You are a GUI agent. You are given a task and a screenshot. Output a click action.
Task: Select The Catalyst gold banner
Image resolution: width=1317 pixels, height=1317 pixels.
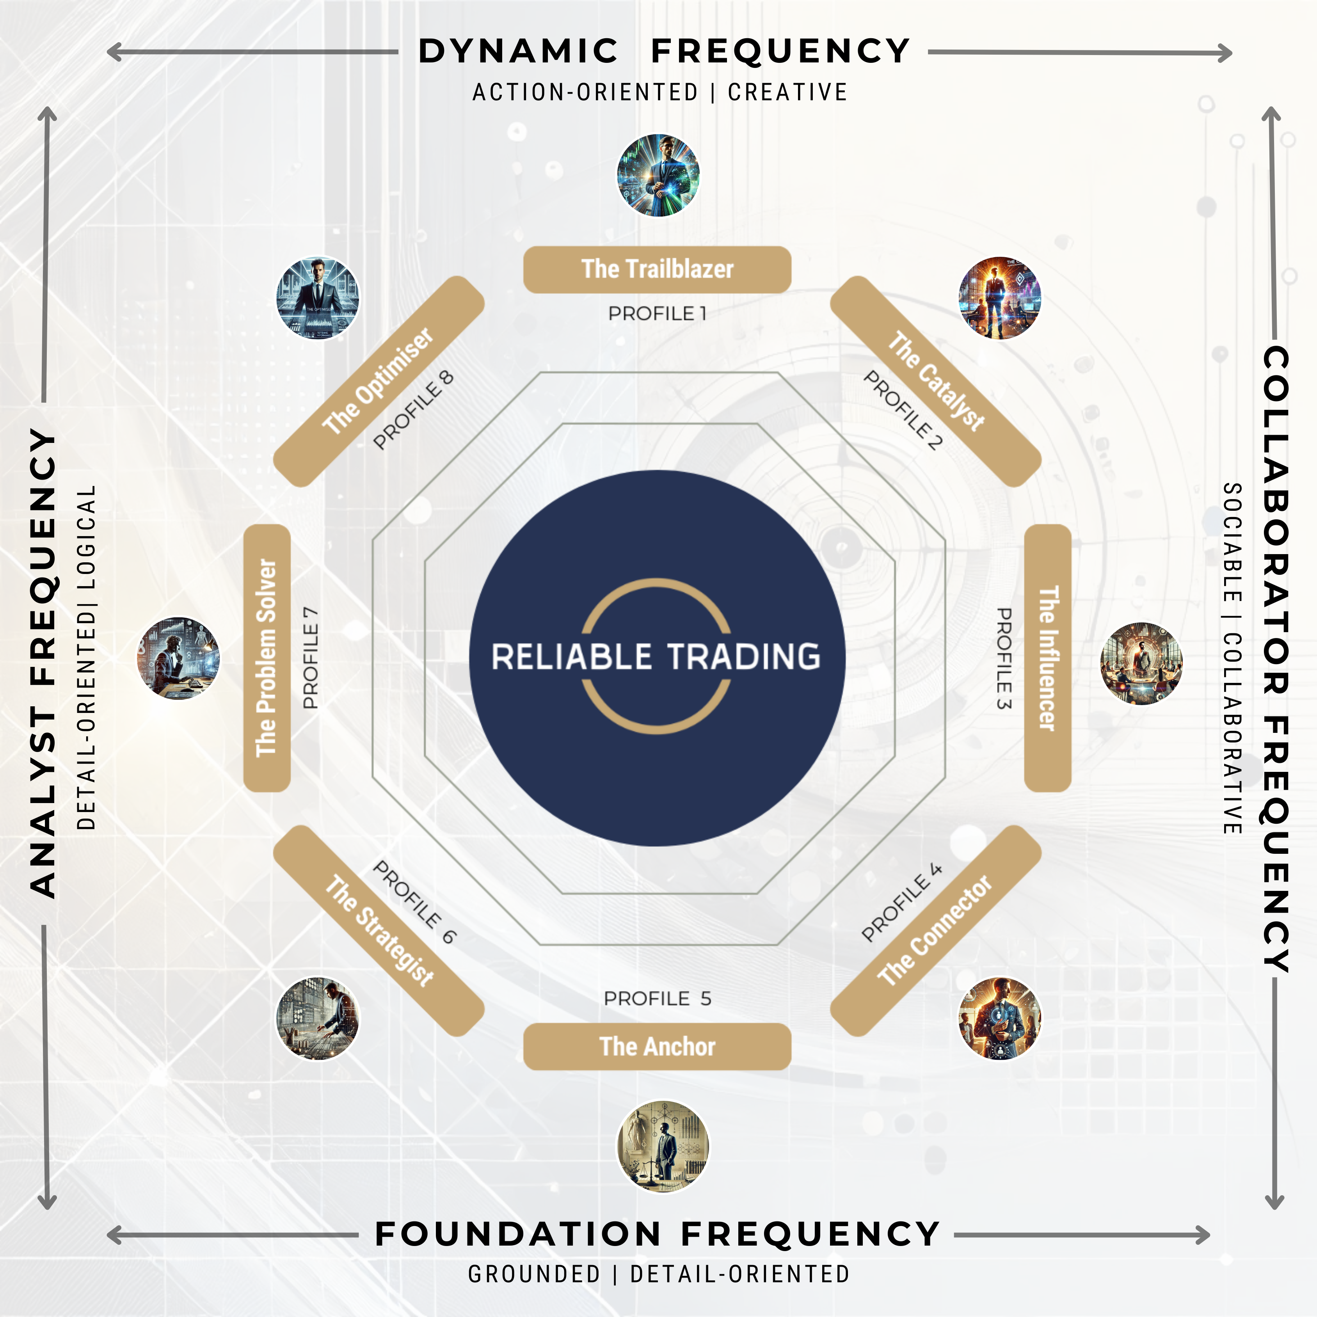pos(935,382)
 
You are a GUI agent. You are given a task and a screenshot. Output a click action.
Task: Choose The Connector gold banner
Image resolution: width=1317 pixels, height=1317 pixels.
pos(935,931)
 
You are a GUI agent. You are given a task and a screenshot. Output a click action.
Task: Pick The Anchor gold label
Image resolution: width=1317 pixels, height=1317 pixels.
pos(657,1046)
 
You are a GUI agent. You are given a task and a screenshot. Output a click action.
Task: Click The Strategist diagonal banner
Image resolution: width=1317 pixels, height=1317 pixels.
pos(379,931)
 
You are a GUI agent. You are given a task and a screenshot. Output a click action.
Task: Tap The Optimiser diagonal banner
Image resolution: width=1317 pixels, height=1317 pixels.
pos(379,382)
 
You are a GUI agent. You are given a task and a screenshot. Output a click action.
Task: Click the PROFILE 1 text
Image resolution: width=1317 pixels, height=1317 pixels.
pos(657,314)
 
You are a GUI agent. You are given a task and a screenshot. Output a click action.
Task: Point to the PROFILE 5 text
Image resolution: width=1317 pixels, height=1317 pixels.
pos(657,999)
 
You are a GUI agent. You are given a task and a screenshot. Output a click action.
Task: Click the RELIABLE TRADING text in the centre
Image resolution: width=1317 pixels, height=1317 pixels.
pos(656,656)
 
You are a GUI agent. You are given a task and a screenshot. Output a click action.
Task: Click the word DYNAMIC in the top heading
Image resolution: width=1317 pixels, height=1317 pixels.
pos(518,52)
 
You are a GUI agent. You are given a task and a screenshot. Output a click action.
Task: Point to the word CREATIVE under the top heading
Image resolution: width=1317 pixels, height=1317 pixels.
pos(787,92)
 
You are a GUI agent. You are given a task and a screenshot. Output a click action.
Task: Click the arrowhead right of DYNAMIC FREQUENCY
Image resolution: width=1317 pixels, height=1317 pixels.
pos(1225,53)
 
